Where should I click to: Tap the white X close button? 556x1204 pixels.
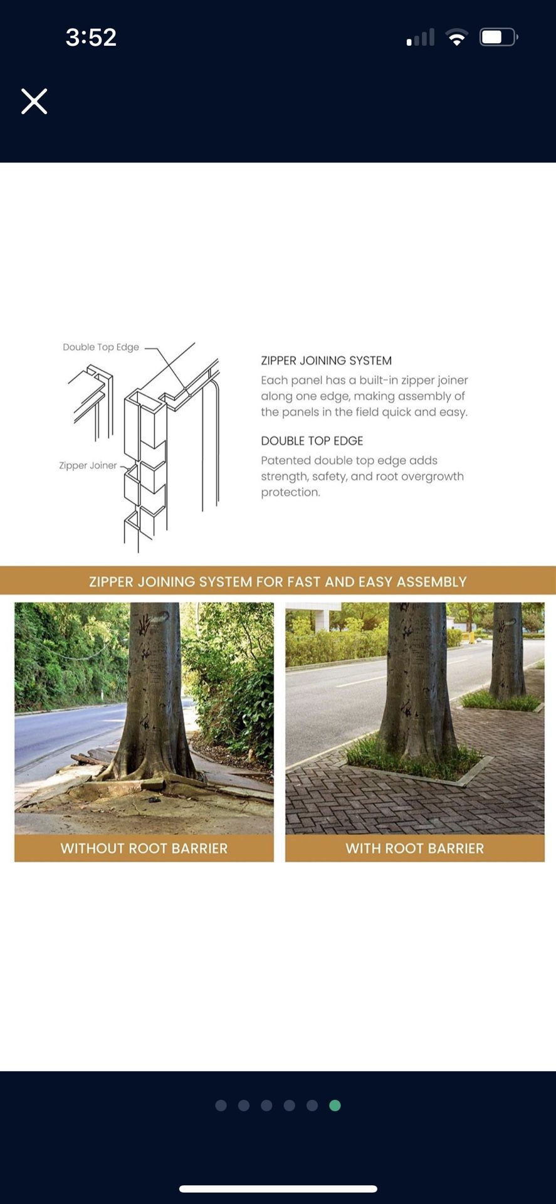[34, 101]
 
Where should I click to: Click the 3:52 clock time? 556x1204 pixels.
[91, 37]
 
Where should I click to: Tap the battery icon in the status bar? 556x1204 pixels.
[498, 37]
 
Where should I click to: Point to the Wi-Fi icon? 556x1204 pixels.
[457, 38]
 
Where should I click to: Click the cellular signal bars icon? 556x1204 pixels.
[421, 38]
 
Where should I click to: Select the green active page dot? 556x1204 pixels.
[335, 1105]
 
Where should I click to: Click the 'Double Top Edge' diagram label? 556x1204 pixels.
[101, 347]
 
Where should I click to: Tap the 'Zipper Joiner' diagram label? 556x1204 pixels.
[88, 465]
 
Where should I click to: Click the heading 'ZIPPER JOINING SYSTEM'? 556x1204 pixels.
[326, 361]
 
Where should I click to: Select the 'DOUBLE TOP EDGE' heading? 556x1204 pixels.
[312, 441]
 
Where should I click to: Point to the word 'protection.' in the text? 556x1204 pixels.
[290, 492]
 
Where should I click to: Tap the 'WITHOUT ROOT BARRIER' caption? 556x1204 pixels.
[144, 848]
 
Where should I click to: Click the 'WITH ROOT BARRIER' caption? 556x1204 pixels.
[414, 848]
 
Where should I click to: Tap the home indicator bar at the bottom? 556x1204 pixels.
[278, 1188]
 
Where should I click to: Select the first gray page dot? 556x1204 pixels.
[221, 1105]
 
